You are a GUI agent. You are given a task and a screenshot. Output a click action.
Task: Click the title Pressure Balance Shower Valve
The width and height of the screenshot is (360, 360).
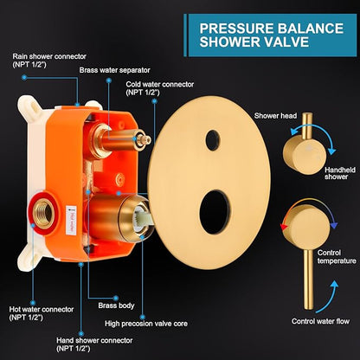click(271, 35)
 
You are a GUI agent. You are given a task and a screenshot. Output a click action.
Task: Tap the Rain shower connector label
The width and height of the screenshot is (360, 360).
click(49, 61)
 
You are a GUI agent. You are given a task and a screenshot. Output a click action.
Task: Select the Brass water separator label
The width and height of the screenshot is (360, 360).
click(115, 70)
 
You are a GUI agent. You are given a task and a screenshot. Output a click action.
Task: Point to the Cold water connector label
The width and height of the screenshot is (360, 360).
click(160, 88)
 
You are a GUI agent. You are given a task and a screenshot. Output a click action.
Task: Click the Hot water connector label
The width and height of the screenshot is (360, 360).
click(42, 313)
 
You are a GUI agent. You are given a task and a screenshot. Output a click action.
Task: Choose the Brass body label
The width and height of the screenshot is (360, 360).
click(116, 305)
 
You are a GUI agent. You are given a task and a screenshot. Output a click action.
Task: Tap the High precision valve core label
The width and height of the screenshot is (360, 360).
click(146, 324)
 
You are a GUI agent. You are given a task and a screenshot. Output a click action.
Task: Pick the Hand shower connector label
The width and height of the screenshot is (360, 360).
click(94, 344)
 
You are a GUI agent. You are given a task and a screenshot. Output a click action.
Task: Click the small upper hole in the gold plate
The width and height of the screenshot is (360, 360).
click(213, 140)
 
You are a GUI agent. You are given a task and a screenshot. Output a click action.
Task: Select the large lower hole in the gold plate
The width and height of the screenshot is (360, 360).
click(215, 212)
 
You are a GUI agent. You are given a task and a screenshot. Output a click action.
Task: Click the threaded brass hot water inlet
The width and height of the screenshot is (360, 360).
click(44, 214)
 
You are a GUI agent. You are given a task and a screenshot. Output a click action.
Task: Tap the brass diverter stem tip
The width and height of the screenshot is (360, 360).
click(144, 139)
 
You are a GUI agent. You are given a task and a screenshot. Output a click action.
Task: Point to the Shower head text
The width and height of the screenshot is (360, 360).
click(275, 116)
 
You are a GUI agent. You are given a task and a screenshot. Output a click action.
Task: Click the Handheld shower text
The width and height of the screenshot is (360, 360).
click(340, 173)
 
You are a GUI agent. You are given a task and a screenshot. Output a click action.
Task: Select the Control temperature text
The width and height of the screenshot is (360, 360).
click(337, 257)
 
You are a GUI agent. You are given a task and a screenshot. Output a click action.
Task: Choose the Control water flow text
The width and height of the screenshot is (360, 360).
click(320, 321)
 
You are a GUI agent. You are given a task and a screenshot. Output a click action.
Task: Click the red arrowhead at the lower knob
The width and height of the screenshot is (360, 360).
click(284, 227)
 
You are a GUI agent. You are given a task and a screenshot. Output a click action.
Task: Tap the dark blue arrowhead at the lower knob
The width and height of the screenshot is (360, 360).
click(334, 225)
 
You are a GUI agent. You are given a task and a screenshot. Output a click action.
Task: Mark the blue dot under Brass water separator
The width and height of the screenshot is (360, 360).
click(108, 80)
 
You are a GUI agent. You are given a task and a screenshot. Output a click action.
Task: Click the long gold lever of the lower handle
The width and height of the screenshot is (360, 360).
click(308, 280)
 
